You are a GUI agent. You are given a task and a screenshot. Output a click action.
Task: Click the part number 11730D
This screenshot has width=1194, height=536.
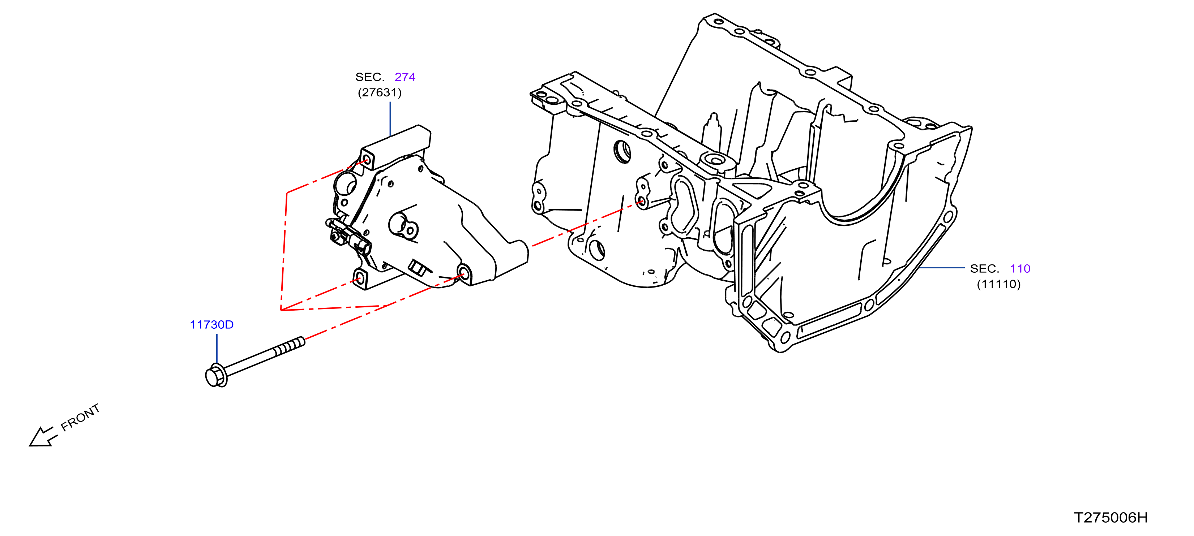pos(212,325)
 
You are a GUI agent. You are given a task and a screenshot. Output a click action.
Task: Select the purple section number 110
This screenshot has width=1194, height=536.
pos(1020,269)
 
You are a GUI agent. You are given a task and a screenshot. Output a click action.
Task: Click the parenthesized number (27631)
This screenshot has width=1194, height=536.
pos(380,93)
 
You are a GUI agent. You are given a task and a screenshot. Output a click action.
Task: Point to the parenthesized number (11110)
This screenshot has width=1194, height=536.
pos(999,284)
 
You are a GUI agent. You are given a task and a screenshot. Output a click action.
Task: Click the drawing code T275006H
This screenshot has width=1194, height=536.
pos(1110,518)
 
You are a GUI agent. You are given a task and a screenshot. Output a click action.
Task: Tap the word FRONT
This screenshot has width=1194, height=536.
pos(80,418)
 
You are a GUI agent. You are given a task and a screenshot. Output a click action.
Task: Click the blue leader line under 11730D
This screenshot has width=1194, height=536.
pos(217,349)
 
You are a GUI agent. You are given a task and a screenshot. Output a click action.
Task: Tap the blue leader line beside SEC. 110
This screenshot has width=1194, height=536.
pos(941,268)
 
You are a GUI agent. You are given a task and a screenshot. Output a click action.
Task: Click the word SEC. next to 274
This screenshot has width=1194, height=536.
pos(370,77)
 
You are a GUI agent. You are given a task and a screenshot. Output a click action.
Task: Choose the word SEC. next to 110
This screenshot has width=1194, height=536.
pos(984,269)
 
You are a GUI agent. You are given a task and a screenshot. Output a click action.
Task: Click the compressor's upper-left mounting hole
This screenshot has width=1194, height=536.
pos(367,160)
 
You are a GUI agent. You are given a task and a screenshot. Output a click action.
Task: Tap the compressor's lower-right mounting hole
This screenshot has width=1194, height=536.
pos(463,274)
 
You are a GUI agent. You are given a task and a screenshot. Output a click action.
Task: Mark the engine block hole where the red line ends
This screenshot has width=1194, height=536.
pos(641,202)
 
